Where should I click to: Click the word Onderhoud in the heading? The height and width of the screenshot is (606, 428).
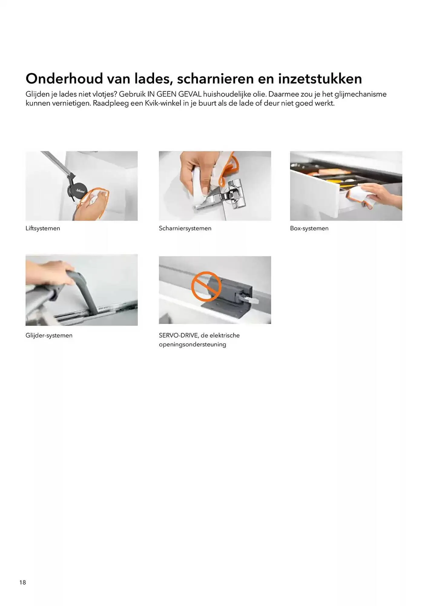pyautogui.click(x=64, y=78)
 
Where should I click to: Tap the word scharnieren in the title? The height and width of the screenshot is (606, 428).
pyautogui.click(x=215, y=78)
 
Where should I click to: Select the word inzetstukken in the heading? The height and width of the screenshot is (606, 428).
pyautogui.click(x=320, y=78)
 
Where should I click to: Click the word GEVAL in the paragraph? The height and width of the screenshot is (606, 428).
pyautogui.click(x=190, y=94)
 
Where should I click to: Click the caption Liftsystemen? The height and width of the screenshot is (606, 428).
pyautogui.click(x=43, y=228)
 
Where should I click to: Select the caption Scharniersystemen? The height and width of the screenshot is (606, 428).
pyautogui.click(x=185, y=228)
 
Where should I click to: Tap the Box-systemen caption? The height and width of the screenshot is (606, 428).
pyautogui.click(x=309, y=228)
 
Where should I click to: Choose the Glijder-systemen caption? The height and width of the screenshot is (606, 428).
pyautogui.click(x=49, y=335)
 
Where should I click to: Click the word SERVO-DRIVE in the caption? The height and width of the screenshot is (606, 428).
pyautogui.click(x=178, y=335)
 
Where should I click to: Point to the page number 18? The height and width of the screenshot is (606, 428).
pyautogui.click(x=23, y=582)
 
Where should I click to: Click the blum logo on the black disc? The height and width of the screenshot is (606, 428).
pyautogui.click(x=80, y=191)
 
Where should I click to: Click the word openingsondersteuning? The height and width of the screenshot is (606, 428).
pyautogui.click(x=193, y=345)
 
